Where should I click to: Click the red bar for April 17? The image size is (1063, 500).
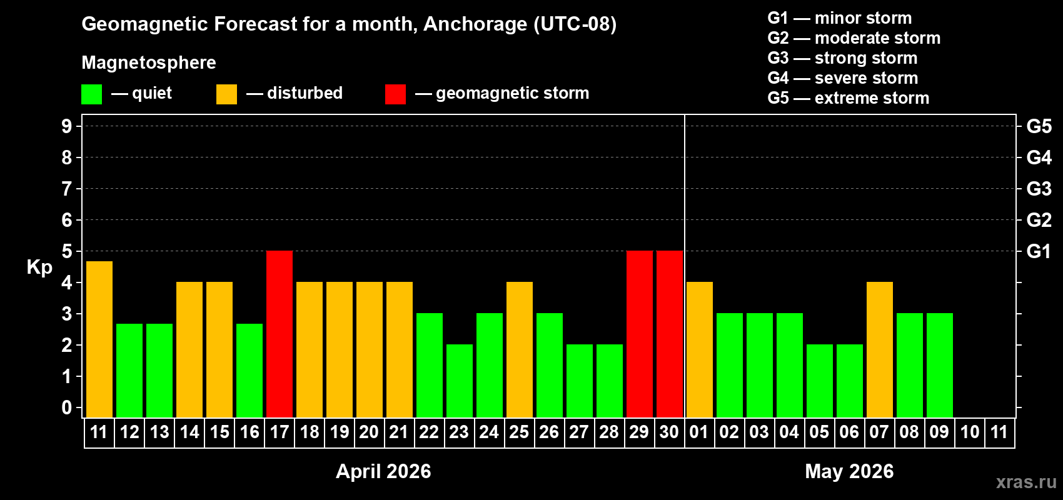click(x=280, y=334)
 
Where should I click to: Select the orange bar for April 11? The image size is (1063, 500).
click(x=99, y=339)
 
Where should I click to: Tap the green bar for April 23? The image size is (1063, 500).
click(x=460, y=381)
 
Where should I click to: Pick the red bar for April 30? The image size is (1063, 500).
click(x=670, y=334)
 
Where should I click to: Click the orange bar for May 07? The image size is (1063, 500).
click(x=880, y=349)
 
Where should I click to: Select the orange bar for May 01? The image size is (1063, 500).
click(x=700, y=349)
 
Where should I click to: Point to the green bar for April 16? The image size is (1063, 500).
click(x=249, y=371)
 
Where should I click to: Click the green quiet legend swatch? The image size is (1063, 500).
click(x=92, y=94)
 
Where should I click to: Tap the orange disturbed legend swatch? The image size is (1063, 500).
click(x=226, y=94)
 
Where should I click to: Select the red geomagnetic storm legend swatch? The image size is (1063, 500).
click(x=395, y=94)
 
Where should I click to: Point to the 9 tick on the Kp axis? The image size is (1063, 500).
click(x=67, y=126)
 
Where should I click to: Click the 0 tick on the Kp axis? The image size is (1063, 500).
click(x=67, y=407)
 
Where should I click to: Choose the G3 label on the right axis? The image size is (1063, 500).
click(x=1039, y=189)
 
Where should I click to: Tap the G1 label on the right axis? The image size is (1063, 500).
click(x=1039, y=251)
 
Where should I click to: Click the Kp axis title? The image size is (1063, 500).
click(x=39, y=267)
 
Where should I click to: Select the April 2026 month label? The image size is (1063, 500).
click(x=383, y=471)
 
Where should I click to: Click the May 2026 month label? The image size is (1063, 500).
click(x=849, y=471)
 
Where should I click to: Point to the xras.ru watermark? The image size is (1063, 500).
click(x=1026, y=482)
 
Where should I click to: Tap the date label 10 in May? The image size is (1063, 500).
click(x=970, y=432)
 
